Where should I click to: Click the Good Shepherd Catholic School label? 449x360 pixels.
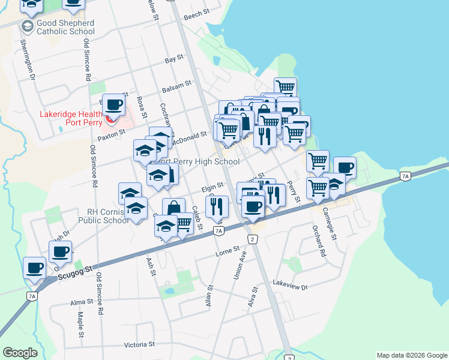[x=57, y=28]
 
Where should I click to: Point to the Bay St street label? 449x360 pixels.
[x=173, y=61]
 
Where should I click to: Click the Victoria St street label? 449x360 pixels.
[x=139, y=344]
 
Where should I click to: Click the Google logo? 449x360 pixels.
[x=20, y=352]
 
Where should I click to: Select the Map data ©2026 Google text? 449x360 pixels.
[x=411, y=355]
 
